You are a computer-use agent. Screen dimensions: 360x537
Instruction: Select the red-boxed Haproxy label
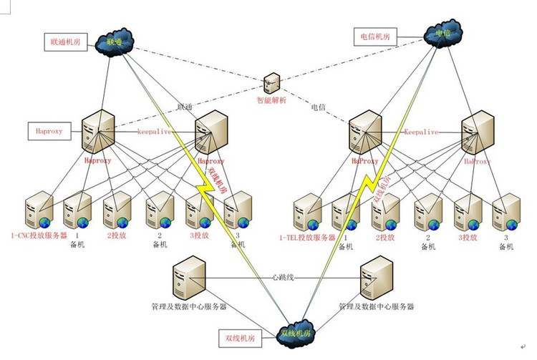(49, 131)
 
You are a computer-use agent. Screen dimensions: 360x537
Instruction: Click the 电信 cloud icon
(441, 34)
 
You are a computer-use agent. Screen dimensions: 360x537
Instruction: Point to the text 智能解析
(271, 102)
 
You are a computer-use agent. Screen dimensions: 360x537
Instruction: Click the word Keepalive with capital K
(422, 132)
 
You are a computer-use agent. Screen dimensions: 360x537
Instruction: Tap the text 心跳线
(284, 276)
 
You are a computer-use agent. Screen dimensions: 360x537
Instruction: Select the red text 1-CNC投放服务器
(39, 235)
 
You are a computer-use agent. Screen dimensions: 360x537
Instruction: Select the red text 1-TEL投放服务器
(309, 235)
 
